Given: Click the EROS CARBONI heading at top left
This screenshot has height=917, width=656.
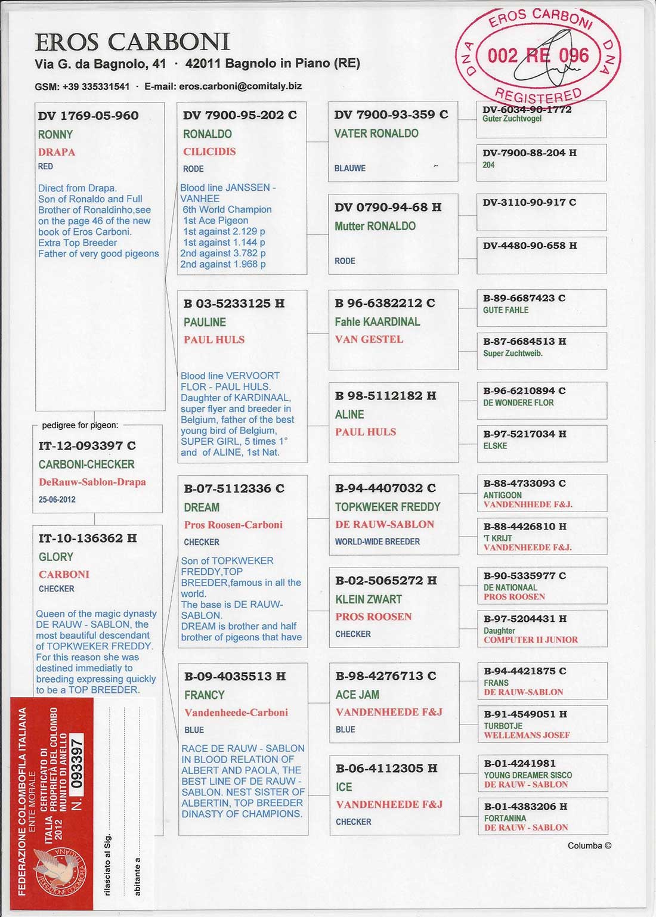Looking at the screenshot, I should (132, 42).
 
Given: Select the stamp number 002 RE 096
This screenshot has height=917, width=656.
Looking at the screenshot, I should (538, 56).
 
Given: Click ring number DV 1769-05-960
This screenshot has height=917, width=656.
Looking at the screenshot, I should (88, 116).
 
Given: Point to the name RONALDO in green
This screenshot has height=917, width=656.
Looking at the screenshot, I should (208, 134).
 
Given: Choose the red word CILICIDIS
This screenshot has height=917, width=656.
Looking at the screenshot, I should (209, 151).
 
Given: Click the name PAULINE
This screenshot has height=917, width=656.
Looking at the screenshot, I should (205, 323).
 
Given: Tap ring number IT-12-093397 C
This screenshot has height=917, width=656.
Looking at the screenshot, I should (87, 445).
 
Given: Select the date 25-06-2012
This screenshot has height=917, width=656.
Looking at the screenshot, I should (57, 500).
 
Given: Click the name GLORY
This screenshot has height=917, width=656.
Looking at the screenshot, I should (56, 557).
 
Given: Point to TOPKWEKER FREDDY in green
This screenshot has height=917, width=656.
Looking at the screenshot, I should (388, 507).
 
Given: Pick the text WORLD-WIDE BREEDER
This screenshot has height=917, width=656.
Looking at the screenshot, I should (377, 542).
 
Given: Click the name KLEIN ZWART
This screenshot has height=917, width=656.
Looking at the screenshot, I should (369, 599).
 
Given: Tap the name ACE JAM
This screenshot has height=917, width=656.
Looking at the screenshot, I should (357, 695).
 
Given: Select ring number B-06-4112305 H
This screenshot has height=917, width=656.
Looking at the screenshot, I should (386, 769).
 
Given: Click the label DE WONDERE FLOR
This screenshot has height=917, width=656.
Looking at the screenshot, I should (518, 403).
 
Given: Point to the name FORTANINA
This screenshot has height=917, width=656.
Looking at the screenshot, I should (505, 819).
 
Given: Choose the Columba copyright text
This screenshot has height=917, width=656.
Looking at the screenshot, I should (589, 845).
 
